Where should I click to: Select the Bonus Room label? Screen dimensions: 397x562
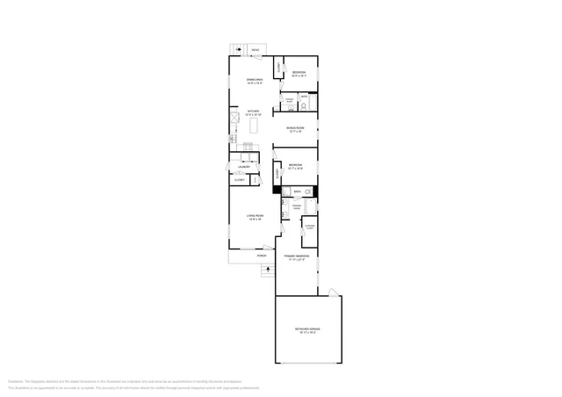[295, 129]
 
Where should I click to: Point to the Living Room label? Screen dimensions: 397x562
[256, 218]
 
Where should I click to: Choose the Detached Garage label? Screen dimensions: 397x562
[307, 330]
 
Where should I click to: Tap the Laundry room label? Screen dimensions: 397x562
[245, 167]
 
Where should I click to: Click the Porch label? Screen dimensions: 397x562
[261, 256]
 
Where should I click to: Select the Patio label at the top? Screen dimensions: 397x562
[255, 50]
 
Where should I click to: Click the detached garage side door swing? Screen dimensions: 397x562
[331, 292]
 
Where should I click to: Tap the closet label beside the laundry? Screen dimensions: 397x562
[239, 179]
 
